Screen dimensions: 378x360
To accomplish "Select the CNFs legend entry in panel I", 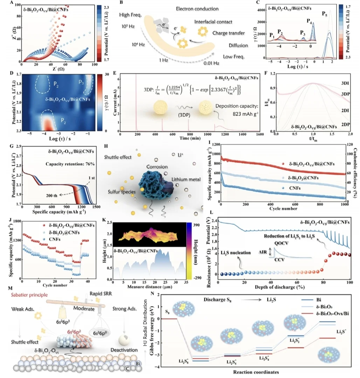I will tap(290, 188).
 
